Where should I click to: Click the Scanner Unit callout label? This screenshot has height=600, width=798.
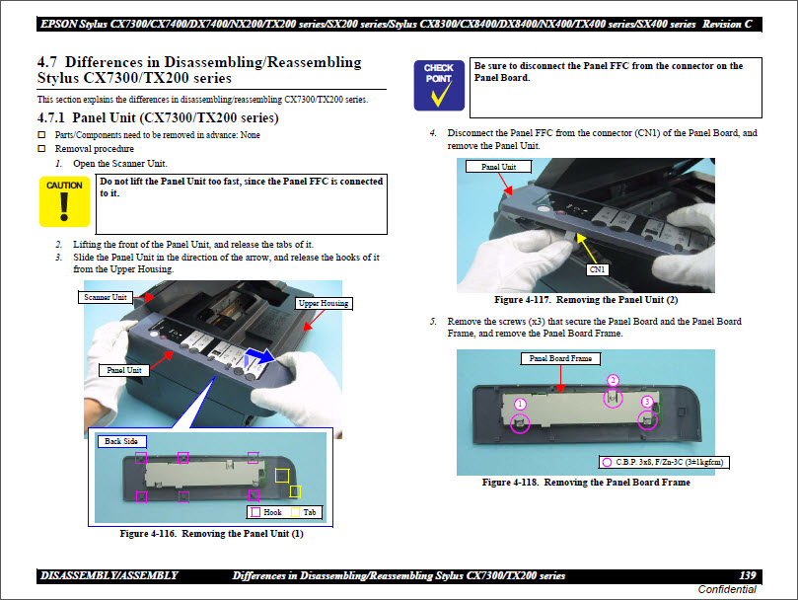(x=106, y=297)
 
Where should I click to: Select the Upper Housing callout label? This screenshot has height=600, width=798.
(x=324, y=303)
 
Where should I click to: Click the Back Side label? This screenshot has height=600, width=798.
(x=121, y=441)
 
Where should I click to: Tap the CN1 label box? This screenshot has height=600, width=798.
(x=597, y=268)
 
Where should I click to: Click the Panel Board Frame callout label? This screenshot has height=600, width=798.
(x=559, y=358)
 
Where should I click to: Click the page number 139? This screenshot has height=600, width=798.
(x=747, y=575)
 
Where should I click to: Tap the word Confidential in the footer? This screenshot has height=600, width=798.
(x=727, y=589)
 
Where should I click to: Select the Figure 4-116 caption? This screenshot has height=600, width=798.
(x=211, y=534)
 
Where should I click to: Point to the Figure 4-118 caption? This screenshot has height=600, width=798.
(x=585, y=483)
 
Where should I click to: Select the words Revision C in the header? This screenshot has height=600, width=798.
(x=730, y=24)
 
